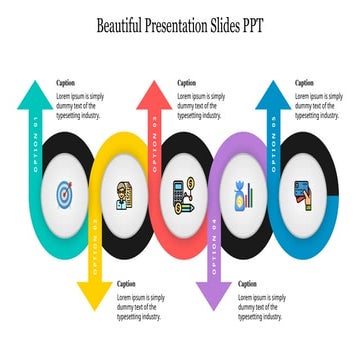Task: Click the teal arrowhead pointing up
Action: coord(35,96)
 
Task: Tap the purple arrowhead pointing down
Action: coord(213,294)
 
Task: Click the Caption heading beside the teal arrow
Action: coord(65,83)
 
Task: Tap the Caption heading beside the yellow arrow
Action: coord(127,284)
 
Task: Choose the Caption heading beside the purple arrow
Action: coord(247,284)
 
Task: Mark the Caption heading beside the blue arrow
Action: coord(305,83)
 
